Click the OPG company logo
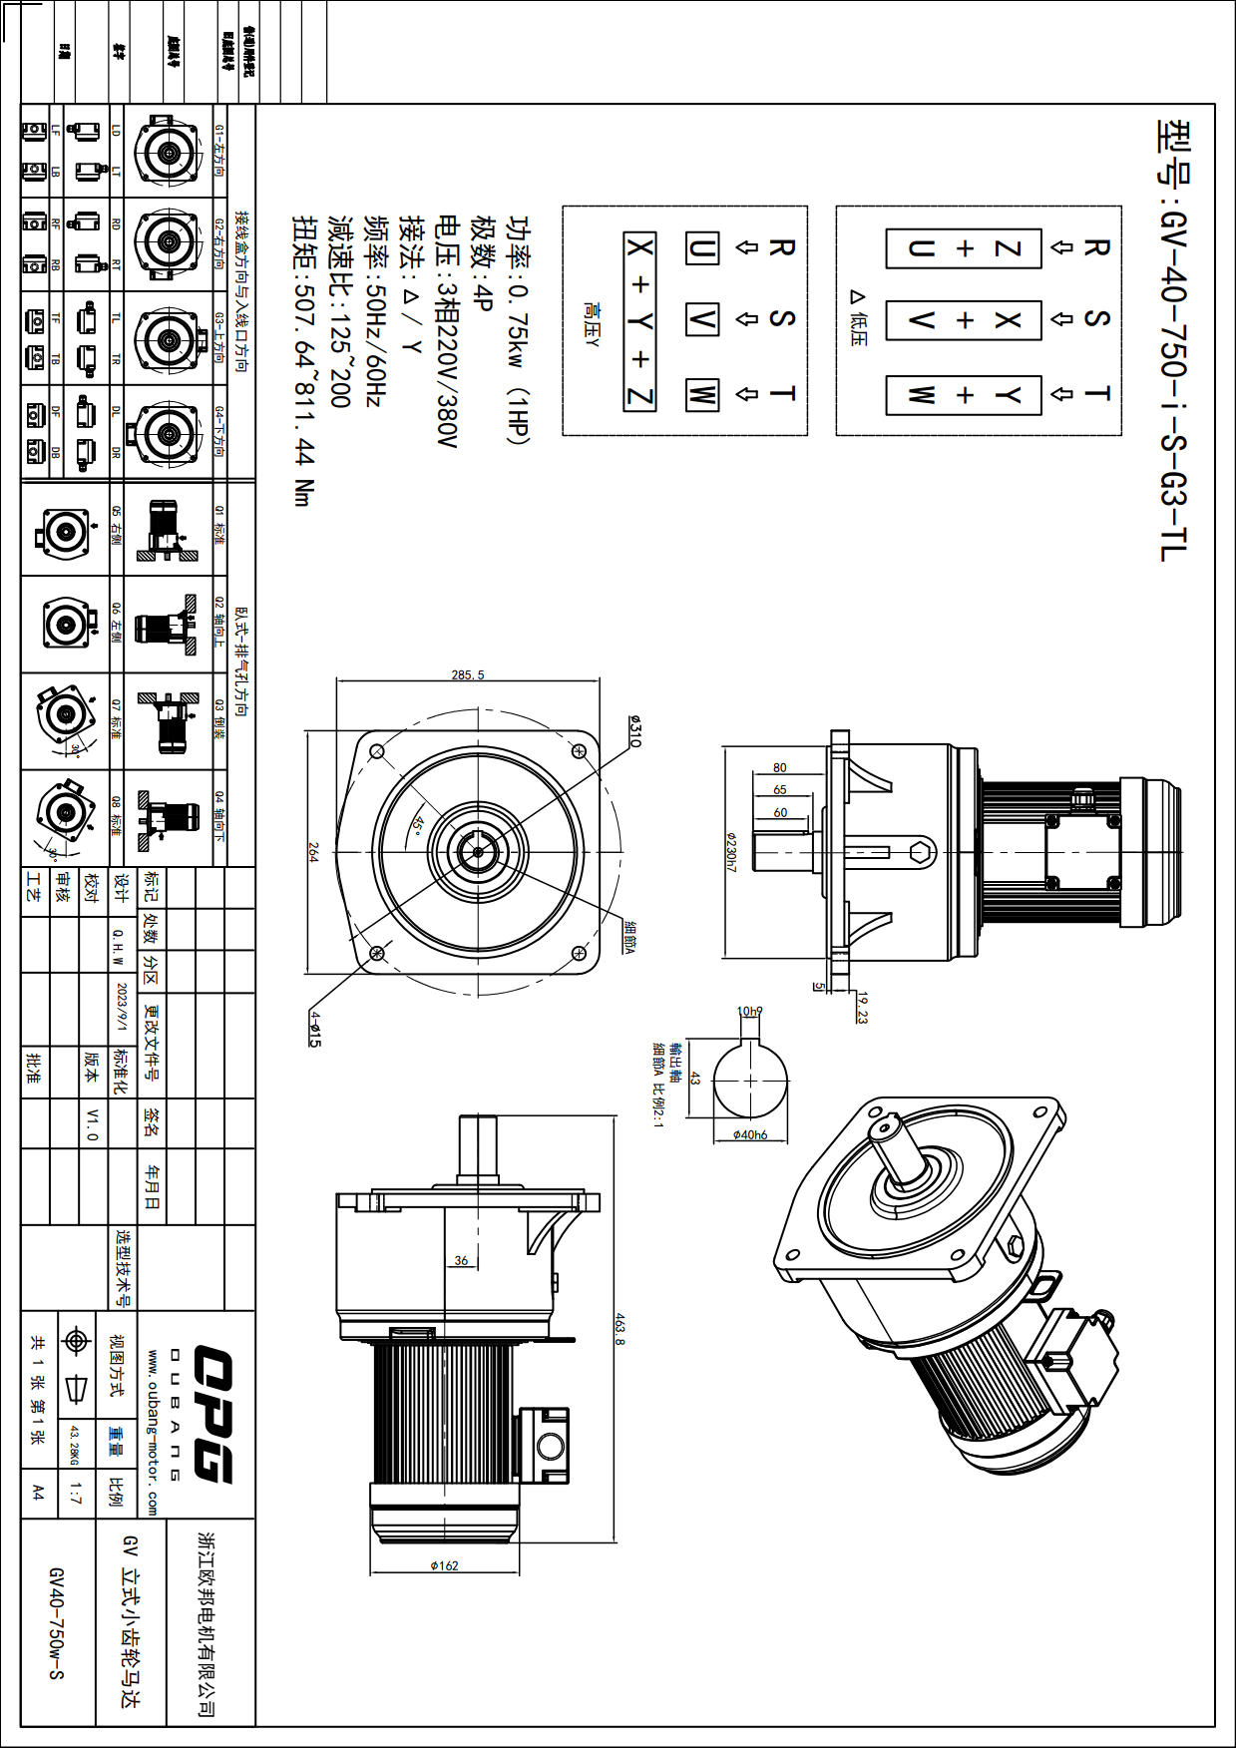[212, 1413]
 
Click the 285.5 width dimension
[467, 675]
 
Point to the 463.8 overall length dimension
[618, 1329]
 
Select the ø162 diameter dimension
[444, 1565]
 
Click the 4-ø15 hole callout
[314, 1028]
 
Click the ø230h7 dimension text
[730, 852]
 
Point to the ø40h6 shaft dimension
[749, 1134]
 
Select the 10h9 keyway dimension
[749, 1011]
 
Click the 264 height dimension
[312, 852]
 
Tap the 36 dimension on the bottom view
[461, 1260]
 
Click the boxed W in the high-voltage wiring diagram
[701, 394]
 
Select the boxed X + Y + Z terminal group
[639, 321]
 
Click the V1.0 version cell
[92, 1123]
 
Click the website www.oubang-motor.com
[153, 1432]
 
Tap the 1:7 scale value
[76, 1494]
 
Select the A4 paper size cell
[38, 1493]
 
